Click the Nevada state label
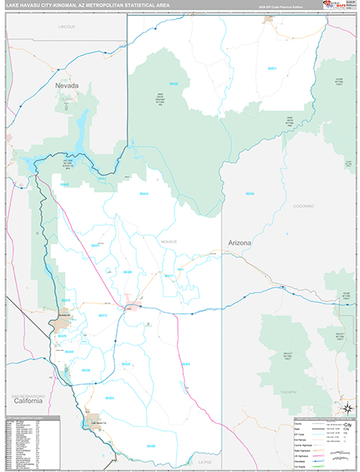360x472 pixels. (68, 83)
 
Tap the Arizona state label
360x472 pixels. (240, 243)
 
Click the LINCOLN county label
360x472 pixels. (67, 27)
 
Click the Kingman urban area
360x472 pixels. (134, 306)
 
